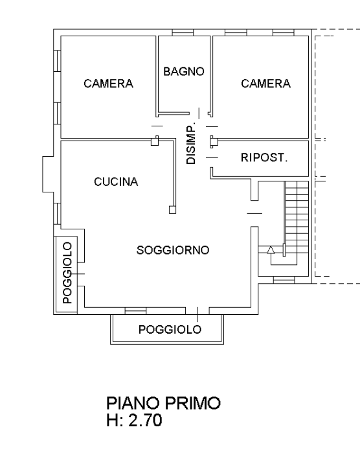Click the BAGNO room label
(184, 71)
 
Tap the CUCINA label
(116, 182)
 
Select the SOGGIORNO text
(173, 250)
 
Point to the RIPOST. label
(264, 158)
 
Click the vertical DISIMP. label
(191, 145)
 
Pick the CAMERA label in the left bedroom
(109, 84)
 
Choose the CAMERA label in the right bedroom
(266, 84)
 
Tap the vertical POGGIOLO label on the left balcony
(67, 273)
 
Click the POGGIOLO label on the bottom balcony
(170, 330)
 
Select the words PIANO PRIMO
(163, 403)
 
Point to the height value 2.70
(145, 420)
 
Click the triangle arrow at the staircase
(271, 250)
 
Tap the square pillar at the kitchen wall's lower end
(172, 210)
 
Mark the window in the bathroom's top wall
(183, 32)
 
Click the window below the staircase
(284, 280)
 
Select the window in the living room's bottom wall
(135, 311)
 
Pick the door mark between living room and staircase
(254, 213)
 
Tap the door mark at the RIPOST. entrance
(212, 158)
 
